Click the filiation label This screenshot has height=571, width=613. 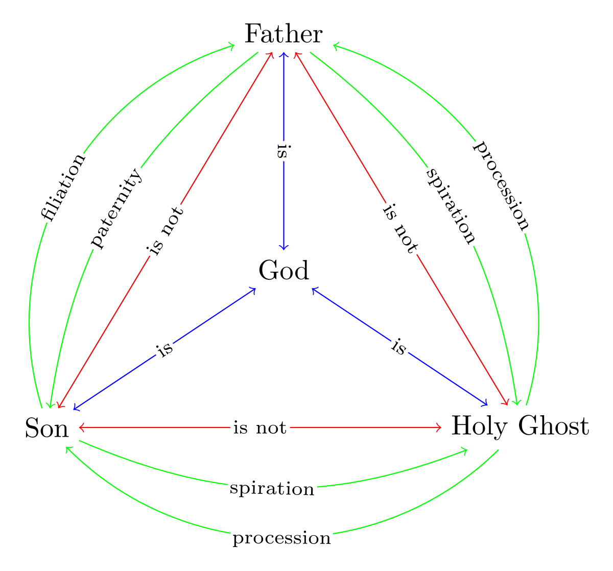(63, 186)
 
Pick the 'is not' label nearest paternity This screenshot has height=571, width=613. (164, 229)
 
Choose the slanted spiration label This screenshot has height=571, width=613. (452, 206)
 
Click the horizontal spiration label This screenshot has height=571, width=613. (272, 489)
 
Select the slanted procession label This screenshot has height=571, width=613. (503, 185)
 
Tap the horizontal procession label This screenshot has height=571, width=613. (282, 538)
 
